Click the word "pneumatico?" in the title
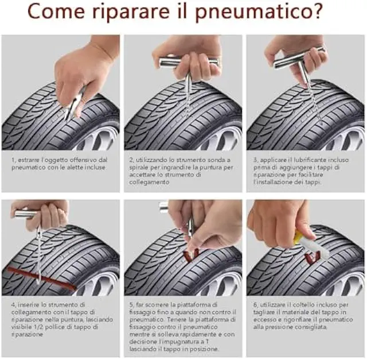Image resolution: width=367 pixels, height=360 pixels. [x=259, y=11]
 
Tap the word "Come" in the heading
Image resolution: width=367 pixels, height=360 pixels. [x=56, y=11]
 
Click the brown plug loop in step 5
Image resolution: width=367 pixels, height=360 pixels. [x=191, y=256]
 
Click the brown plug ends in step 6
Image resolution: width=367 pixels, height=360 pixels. [x=313, y=257]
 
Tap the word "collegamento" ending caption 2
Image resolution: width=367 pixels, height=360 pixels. [x=149, y=182]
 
